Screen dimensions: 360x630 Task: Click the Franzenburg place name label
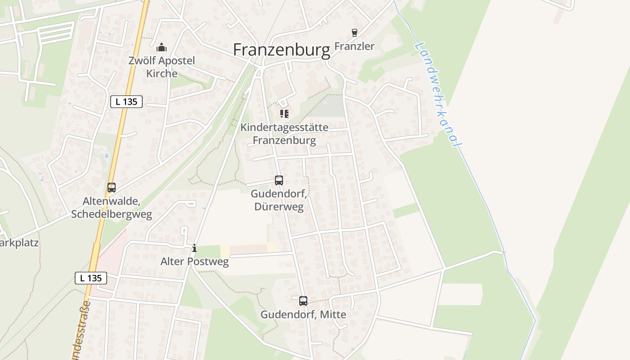pyautogui.click(x=282, y=50)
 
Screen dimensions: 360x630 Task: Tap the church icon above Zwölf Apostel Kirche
pyautogui.click(x=161, y=47)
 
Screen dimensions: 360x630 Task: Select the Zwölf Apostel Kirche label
pyautogui.click(x=162, y=67)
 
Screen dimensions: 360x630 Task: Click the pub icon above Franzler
pyautogui.click(x=355, y=33)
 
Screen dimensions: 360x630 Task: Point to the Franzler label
pyautogui.click(x=355, y=46)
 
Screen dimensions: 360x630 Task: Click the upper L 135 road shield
pyautogui.click(x=126, y=102)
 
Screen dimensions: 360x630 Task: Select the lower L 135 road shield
pyautogui.click(x=91, y=278)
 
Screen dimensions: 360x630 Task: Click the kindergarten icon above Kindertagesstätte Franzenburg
pyautogui.click(x=284, y=114)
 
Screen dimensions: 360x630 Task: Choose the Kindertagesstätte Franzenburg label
pyautogui.click(x=284, y=134)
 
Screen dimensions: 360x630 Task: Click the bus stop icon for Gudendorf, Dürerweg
pyautogui.click(x=279, y=180)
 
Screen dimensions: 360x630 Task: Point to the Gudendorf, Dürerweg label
pyautogui.click(x=279, y=201)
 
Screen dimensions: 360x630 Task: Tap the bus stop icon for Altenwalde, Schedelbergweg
pyautogui.click(x=112, y=188)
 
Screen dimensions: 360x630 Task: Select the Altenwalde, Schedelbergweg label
pyautogui.click(x=112, y=208)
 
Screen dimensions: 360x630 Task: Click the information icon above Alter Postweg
pyautogui.click(x=194, y=248)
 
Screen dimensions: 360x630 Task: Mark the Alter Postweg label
pyautogui.click(x=194, y=261)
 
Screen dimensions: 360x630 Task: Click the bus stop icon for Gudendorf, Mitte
pyautogui.click(x=303, y=301)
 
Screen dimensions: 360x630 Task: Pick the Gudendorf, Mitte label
pyautogui.click(x=303, y=315)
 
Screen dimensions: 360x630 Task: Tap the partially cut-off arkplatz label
pyautogui.click(x=19, y=243)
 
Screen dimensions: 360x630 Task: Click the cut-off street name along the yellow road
pyautogui.click(x=81, y=331)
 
